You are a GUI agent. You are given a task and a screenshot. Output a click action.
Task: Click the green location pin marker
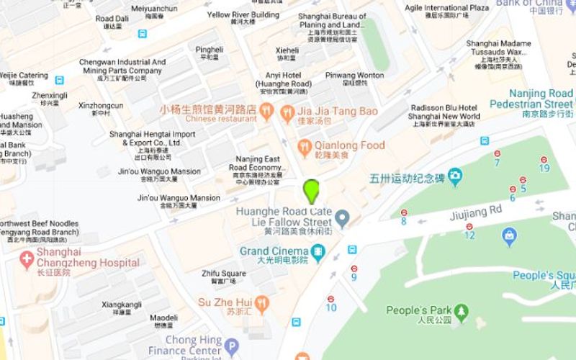pos(312,192)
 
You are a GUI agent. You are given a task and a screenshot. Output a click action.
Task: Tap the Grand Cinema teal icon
pos(317,251)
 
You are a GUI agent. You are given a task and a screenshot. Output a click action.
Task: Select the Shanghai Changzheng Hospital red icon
pos(27,258)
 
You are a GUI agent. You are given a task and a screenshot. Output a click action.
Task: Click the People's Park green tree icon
pos(461,312)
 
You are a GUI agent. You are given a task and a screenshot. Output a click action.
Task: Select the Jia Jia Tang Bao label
pos(337,111)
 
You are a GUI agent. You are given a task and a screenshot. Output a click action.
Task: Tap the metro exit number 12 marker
pos(469,228)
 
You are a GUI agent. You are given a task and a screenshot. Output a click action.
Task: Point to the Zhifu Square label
pos(224,274)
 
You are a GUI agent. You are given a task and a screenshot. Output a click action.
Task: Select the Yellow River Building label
pos(243,14)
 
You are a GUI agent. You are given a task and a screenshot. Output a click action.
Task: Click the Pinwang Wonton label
pos(354,75)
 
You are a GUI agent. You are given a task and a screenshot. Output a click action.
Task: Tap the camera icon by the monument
pos(455,176)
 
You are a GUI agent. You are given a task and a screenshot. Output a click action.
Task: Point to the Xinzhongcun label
pos(100,106)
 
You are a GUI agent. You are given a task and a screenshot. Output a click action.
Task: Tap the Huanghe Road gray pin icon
pos(343,217)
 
